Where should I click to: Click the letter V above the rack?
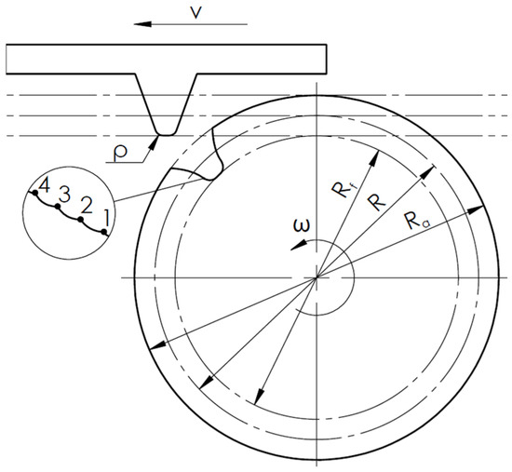(195, 13)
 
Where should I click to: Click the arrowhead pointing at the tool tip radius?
(154, 142)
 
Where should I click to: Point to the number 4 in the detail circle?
(44, 186)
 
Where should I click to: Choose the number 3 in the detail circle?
(64, 195)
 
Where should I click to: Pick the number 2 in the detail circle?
(86, 207)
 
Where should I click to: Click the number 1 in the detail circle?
(107, 218)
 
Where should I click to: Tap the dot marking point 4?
(35, 193)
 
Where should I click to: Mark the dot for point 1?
(104, 232)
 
